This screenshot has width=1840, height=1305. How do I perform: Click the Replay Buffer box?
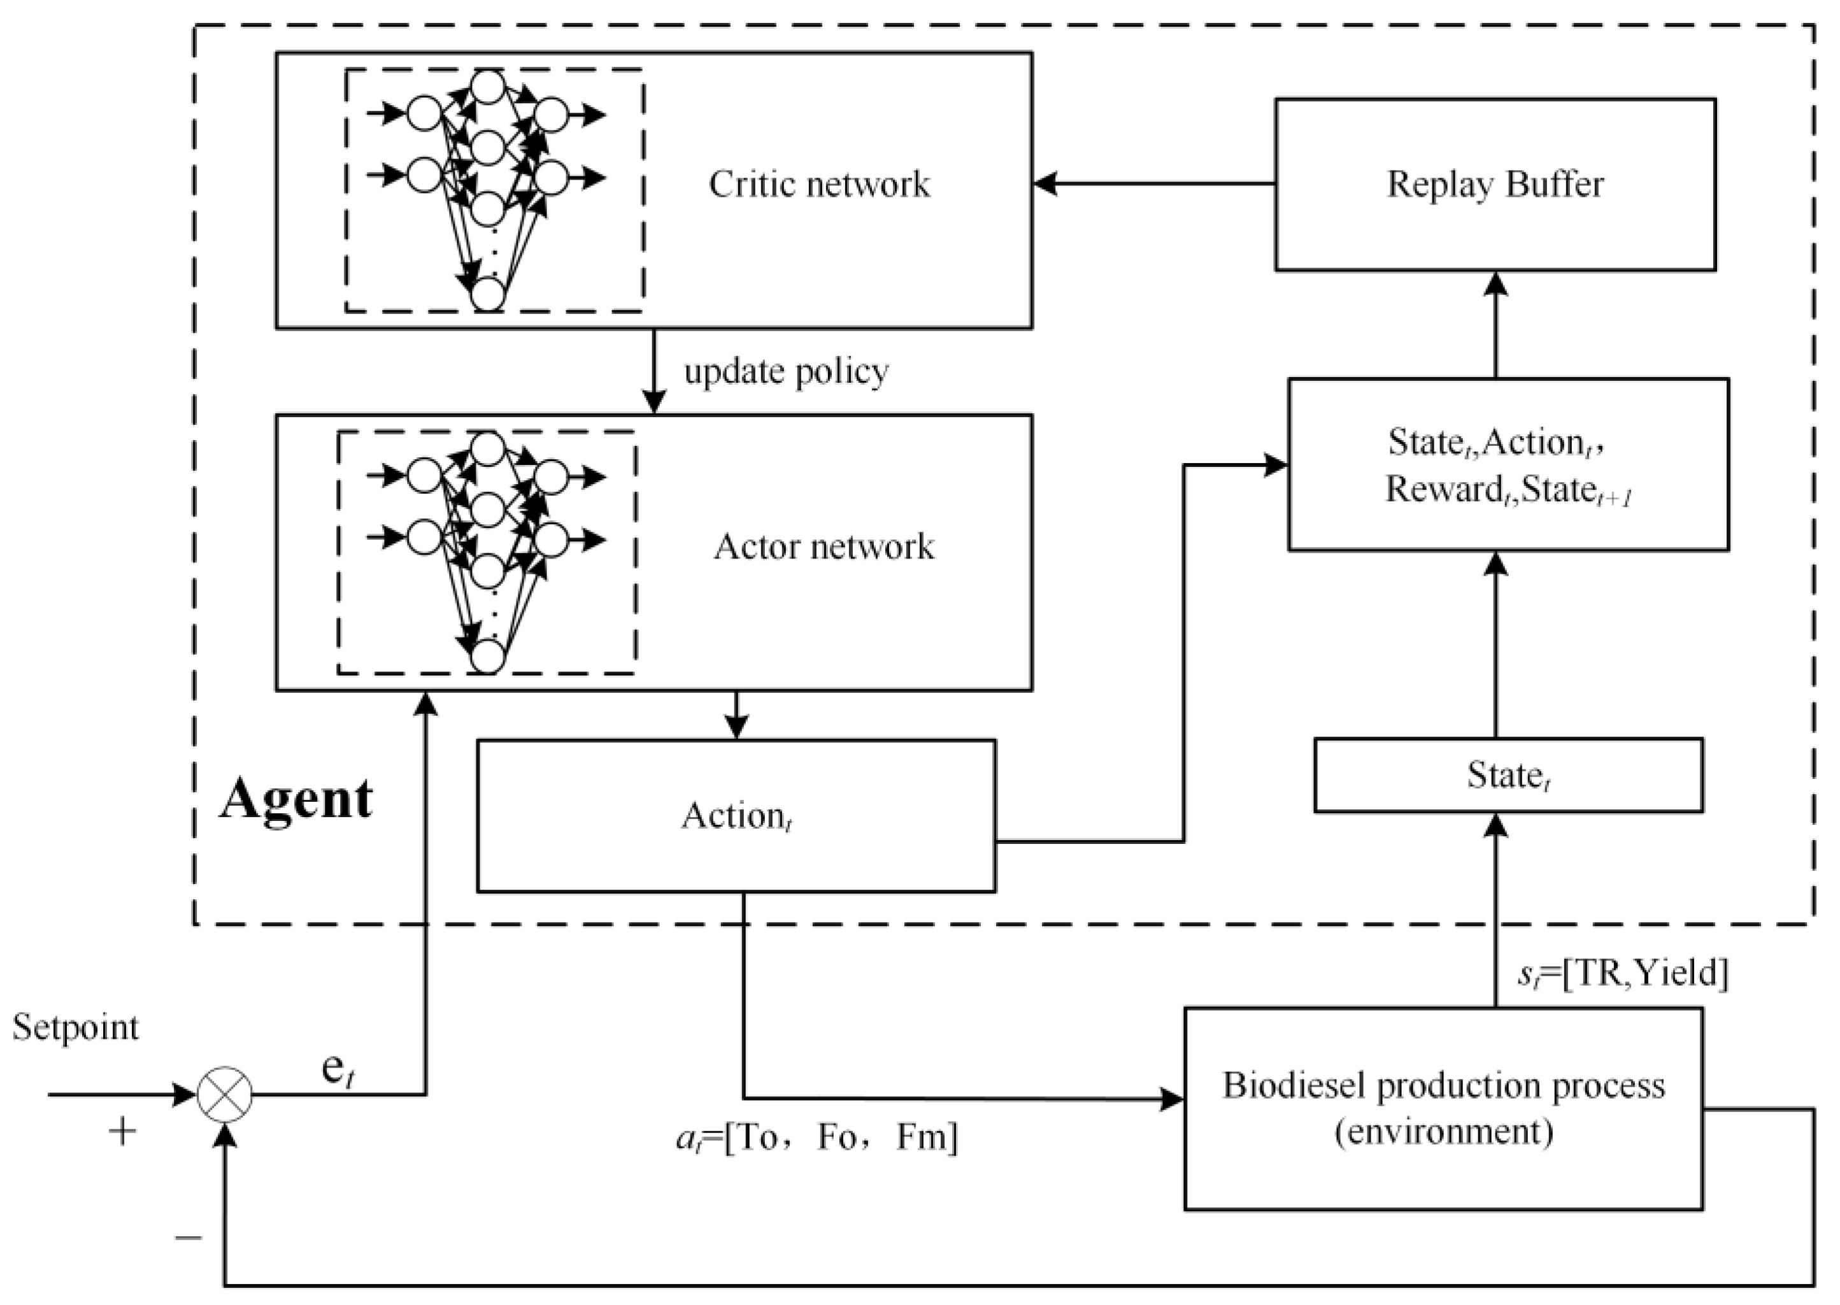[1495, 184]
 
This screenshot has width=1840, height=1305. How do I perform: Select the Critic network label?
[819, 184]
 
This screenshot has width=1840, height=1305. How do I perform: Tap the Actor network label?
[824, 546]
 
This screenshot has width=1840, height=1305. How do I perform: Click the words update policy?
[786, 371]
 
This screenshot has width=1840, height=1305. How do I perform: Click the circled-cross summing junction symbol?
[225, 1094]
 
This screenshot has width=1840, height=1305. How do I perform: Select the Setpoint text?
[76, 1027]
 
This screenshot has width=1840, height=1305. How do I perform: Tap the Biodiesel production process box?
[1443, 1109]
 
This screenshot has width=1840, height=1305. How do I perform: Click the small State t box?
[1508, 776]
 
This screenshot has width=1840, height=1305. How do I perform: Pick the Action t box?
[736, 816]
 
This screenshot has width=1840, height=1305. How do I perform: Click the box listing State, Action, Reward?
[1508, 464]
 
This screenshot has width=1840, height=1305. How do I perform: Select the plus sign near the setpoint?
[123, 1132]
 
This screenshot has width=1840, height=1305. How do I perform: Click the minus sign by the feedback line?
[189, 1237]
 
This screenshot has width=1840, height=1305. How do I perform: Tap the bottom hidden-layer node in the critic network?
[488, 294]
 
